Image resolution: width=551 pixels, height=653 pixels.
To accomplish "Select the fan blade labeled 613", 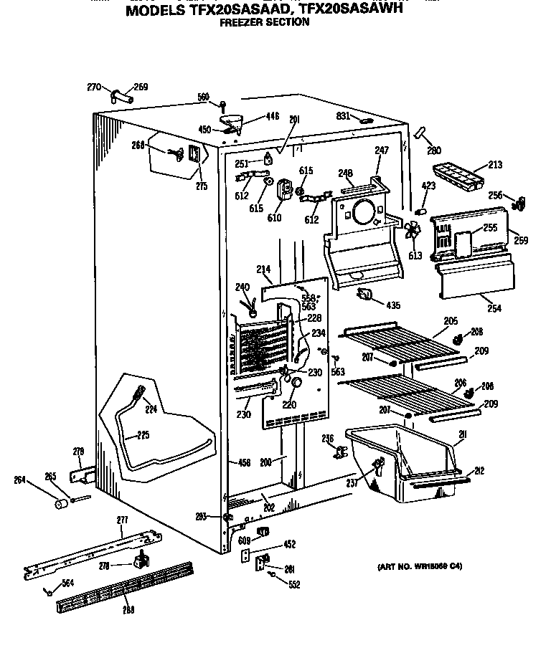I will click(x=412, y=232).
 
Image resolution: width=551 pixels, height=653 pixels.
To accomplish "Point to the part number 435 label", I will click(x=392, y=305).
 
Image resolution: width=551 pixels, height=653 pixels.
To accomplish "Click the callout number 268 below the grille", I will click(x=128, y=610).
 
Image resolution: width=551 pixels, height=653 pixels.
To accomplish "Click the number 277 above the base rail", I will click(x=122, y=520).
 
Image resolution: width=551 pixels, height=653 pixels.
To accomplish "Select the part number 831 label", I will click(x=343, y=116).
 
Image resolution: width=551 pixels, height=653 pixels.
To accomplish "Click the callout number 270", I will click(x=94, y=87).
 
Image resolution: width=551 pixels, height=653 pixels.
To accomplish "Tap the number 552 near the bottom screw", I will click(x=294, y=585).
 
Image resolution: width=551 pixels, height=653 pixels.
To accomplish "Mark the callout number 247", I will click(x=381, y=151).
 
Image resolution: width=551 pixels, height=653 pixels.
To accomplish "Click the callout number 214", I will click(x=263, y=270).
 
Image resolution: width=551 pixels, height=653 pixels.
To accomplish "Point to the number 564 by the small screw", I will click(x=67, y=583).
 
